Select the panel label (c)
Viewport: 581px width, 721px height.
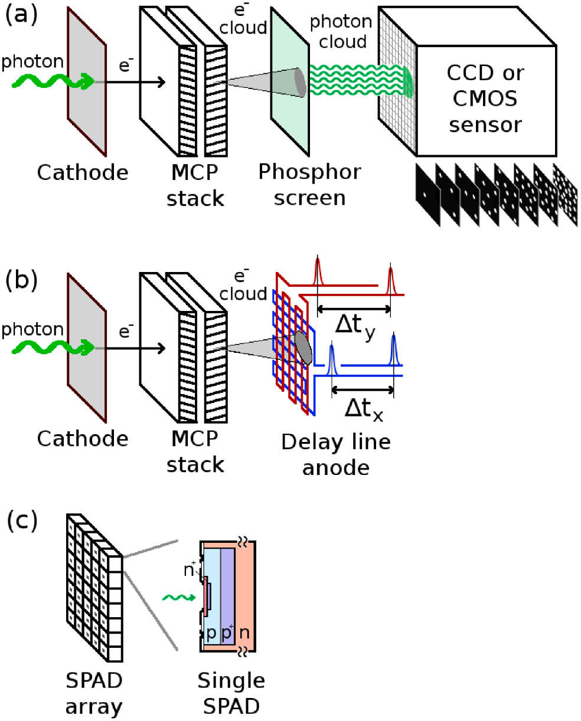click(21, 519)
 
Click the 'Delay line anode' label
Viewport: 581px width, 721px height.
click(336, 454)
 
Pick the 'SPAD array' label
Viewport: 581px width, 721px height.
click(94, 693)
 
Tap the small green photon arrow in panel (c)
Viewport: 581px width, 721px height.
click(177, 598)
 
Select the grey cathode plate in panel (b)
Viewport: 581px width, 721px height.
click(87, 348)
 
